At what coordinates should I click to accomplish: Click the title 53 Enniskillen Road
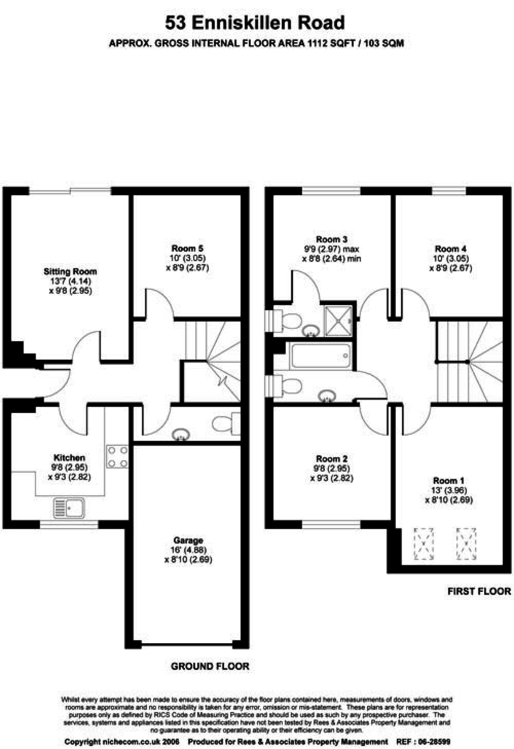point(255,23)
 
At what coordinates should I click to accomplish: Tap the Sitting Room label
point(70,271)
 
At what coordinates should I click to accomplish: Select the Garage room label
point(188,541)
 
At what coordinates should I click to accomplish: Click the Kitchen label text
point(69,458)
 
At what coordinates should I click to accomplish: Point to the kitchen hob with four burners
point(117,456)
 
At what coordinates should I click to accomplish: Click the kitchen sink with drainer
point(69,508)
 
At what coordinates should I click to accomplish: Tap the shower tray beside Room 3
point(339,320)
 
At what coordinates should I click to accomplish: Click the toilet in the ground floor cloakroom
point(226,424)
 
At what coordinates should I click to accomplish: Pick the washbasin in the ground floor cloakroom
point(180,434)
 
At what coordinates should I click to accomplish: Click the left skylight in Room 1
point(423,544)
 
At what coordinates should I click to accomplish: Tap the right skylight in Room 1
point(466,544)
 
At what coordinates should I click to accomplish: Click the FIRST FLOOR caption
point(479,591)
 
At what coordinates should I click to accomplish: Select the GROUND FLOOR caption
point(210,666)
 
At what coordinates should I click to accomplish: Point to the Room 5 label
point(187,248)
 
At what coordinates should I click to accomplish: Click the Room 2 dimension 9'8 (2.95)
point(331,469)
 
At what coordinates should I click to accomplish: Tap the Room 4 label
point(450,249)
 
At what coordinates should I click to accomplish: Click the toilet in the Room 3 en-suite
point(288,320)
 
